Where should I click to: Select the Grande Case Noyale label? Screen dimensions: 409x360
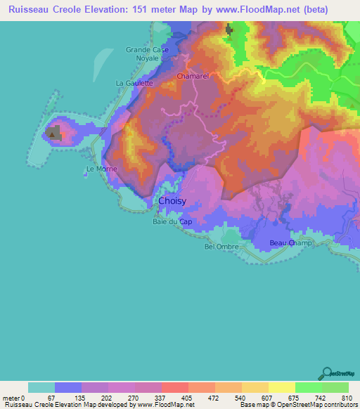(x=143, y=54)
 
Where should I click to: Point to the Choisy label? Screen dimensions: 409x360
(x=172, y=201)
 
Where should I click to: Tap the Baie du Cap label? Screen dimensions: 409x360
(x=172, y=222)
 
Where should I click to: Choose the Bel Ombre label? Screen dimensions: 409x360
(x=221, y=247)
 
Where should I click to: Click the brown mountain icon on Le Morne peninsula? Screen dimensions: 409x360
(x=52, y=131)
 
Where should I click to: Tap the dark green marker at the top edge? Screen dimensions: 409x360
(x=229, y=30)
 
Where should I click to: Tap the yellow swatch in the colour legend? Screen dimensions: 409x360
(x=281, y=387)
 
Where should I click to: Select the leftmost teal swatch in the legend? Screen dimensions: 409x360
(x=41, y=387)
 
